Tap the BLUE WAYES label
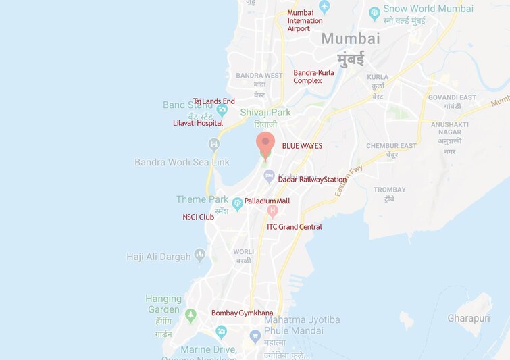302,146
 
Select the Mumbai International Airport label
305,20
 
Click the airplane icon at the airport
324,7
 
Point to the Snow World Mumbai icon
375,13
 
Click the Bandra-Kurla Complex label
313,76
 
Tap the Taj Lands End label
213,101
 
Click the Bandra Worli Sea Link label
182,162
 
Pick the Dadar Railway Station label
312,180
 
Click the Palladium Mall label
267,201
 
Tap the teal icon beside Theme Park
237,203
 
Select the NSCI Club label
198,217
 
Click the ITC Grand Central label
295,227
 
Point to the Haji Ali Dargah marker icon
199,255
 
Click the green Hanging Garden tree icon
190,315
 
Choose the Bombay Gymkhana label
242,313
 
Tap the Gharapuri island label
468,318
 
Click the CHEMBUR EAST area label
391,146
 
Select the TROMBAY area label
390,190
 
